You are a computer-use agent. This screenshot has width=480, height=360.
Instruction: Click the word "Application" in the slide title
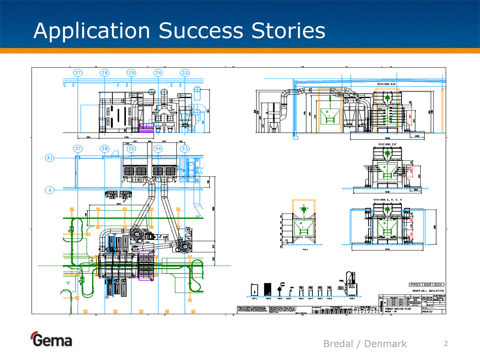pos(92,31)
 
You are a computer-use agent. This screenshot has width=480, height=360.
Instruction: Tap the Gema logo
pos(52,339)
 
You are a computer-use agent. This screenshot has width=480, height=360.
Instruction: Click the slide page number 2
pos(446,344)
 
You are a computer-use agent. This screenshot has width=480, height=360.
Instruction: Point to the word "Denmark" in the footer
pos(385,344)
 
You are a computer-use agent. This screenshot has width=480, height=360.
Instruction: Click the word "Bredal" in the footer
pos(338,344)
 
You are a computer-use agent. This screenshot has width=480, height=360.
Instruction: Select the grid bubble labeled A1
pos(50,158)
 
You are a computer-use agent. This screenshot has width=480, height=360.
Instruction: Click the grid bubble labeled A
pos(50,190)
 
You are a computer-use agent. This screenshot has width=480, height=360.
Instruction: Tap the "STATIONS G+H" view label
pos(386,84)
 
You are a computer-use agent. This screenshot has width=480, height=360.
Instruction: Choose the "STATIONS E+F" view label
pos(387,144)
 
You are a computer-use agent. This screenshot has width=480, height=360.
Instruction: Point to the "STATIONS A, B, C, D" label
pos(387,200)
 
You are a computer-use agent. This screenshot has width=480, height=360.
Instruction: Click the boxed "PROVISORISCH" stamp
pos(427,285)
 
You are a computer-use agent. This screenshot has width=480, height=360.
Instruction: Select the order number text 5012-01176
pos(436,291)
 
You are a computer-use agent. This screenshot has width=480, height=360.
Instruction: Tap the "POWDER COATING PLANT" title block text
pos(398,309)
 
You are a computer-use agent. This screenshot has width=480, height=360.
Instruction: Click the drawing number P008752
pos(427,312)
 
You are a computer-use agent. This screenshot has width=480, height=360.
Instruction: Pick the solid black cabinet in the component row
pos(267,289)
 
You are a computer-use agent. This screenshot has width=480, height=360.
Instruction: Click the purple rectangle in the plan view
pos(146,265)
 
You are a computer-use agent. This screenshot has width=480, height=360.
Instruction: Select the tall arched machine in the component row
pos(351,283)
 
